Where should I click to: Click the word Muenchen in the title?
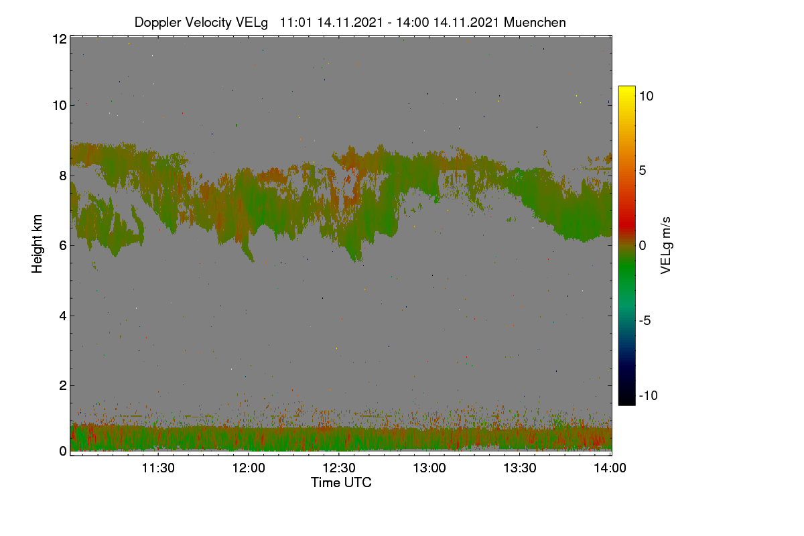[535, 22]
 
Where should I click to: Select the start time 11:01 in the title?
[295, 22]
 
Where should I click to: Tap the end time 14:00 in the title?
[413, 22]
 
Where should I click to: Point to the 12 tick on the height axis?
[60, 39]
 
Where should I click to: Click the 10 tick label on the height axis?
[60, 105]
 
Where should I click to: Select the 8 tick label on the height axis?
[63, 176]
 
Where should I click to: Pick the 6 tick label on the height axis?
[63, 246]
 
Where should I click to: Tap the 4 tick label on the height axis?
[63, 316]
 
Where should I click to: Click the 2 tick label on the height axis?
[63, 385]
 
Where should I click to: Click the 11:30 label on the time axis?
[158, 468]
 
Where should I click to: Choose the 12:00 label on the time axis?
[249, 468]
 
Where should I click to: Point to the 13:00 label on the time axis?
[429, 468]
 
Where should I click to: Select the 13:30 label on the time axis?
[520, 468]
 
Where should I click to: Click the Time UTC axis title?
[341, 482]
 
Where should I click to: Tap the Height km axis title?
[37, 244]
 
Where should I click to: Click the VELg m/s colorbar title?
[666, 246]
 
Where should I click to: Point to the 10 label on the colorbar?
[647, 96]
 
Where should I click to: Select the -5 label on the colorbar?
[645, 320]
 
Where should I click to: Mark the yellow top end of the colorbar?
[626, 87]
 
